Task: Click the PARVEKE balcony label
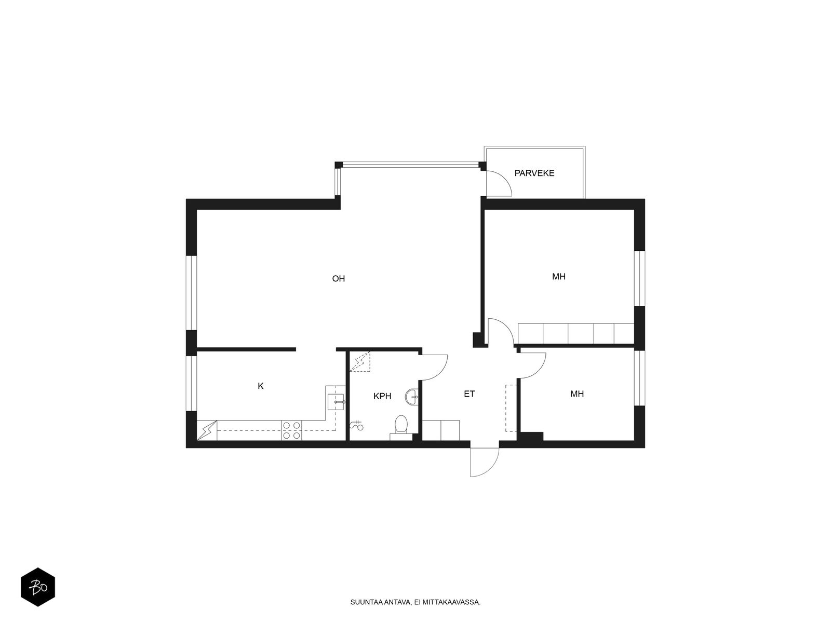click(x=534, y=173)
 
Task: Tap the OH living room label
click(x=338, y=279)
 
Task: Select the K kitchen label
click(x=261, y=386)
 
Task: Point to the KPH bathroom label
click(x=382, y=397)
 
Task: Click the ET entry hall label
click(x=469, y=394)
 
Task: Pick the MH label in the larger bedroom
click(x=559, y=277)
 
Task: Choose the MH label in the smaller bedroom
click(x=577, y=394)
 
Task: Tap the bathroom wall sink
click(x=414, y=396)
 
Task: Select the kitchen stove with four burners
click(x=291, y=430)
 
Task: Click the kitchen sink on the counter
click(x=336, y=401)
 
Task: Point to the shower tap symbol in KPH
click(x=357, y=426)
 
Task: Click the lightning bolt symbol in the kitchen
click(x=207, y=430)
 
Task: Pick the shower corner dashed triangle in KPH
click(x=360, y=362)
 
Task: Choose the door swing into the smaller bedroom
click(x=532, y=365)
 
